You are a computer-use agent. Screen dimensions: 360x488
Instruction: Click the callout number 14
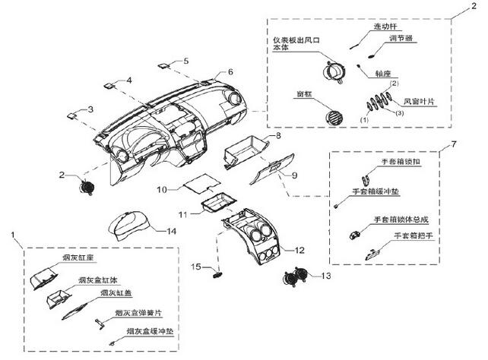click(173, 230)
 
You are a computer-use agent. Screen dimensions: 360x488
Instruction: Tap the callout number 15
click(195, 267)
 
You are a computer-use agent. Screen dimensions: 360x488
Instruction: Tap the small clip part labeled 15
click(218, 267)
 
